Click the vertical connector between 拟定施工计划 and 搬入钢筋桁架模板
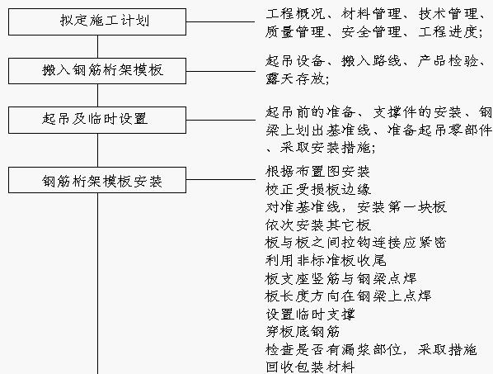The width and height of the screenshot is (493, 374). pos(97,46)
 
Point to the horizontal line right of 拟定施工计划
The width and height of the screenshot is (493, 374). pos(220,21)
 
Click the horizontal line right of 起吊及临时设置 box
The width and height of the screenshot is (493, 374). pos(220,120)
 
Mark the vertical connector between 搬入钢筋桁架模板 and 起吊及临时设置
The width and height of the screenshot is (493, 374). pos(97,96)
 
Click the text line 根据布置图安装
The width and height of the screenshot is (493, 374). pos(317,172)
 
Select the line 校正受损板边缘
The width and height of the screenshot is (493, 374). pos(318,190)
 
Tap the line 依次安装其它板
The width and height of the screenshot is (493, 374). pos(318,225)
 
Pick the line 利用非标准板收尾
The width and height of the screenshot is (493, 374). pos(326,261)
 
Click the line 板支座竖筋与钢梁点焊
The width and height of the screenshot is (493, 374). pos(340,278)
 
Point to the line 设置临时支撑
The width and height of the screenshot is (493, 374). pos(310,314)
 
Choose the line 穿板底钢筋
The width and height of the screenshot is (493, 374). pos(303,332)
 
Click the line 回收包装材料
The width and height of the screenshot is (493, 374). pos(310,367)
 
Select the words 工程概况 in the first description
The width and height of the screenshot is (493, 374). pos(295,14)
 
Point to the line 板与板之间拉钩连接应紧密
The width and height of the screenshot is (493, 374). pos(355,243)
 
